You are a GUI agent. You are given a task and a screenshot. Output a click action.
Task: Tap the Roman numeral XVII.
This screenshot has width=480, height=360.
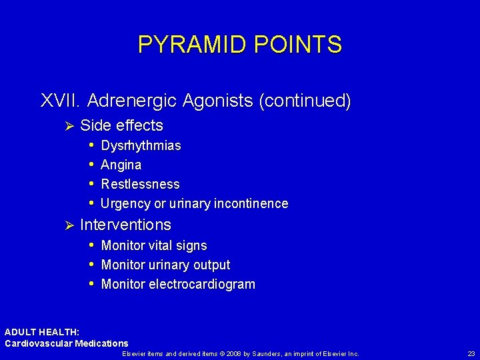point(61,101)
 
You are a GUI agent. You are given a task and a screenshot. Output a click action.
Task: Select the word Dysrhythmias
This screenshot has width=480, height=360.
point(141,146)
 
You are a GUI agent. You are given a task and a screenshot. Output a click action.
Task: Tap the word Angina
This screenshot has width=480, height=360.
point(121,165)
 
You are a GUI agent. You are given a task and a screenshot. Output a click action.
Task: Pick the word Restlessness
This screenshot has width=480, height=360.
point(140,184)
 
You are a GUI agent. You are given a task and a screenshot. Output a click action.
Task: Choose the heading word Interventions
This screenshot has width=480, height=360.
point(125,225)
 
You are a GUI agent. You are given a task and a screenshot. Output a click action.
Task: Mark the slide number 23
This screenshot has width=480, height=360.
point(471,353)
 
